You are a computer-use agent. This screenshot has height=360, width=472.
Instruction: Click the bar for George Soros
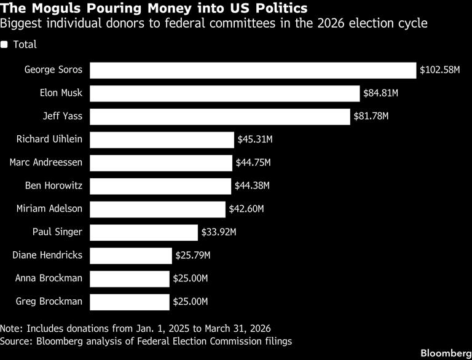pyautogui.click(x=253, y=71)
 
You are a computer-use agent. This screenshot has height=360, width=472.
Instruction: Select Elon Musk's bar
pyautogui.click(x=224, y=93)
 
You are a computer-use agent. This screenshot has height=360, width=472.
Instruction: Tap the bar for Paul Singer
pyautogui.click(x=144, y=233)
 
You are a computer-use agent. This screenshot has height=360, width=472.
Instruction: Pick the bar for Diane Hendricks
pyautogui.click(x=131, y=256)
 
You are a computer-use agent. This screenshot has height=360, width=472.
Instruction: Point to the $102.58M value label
pyautogui.click(x=440, y=70)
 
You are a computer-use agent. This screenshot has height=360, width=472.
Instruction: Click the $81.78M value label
pyautogui.click(x=371, y=116)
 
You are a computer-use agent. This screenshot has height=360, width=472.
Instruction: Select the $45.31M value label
pyautogui.click(x=255, y=139)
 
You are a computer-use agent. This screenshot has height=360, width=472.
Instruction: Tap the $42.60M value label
pyautogui.click(x=246, y=209)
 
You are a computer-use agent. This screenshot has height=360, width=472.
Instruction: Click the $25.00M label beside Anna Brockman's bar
pyautogui.click(x=191, y=278)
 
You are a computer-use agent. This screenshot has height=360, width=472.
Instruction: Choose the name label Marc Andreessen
pyautogui.click(x=45, y=163)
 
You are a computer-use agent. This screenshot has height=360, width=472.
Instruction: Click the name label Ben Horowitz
pyautogui.click(x=53, y=186)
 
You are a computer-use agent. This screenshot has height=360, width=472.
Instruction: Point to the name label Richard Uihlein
pyautogui.click(x=49, y=139)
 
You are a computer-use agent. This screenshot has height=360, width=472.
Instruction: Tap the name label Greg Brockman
pyautogui.click(x=49, y=302)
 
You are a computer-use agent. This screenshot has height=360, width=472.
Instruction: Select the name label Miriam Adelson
pyautogui.click(x=49, y=209)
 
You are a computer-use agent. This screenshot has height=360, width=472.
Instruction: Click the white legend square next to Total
pyautogui.click(x=4, y=45)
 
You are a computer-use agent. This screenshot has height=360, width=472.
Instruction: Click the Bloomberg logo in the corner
pyautogui.click(x=446, y=353)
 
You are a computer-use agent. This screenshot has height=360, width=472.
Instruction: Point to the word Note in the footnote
pyautogui.click(x=12, y=329)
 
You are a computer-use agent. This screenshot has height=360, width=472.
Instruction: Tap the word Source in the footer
pyautogui.click(x=16, y=342)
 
